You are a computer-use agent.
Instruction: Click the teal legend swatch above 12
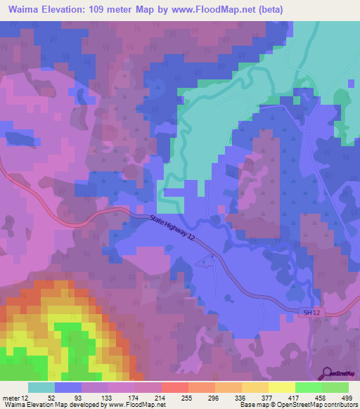tap(41, 387)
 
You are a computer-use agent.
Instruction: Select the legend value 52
tap(41, 397)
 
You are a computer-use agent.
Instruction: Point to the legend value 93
tap(68, 397)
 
